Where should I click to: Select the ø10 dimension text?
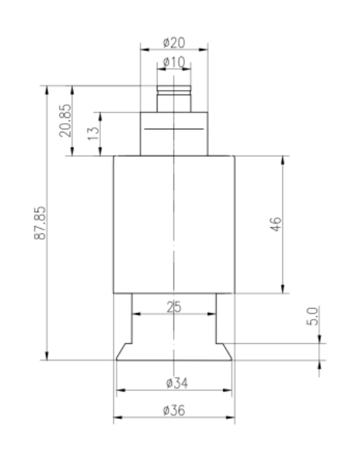tap(174, 63)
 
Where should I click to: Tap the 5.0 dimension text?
tap(312, 317)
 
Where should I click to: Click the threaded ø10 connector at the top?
tap(174, 97)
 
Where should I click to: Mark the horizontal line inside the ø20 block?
tap(174, 129)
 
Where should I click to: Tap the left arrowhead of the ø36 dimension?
tap(117, 417)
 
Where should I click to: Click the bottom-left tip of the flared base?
tap(116, 360)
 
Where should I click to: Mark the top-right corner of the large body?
tap(235, 155)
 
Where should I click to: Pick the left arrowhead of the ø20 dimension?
tap(142, 50)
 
